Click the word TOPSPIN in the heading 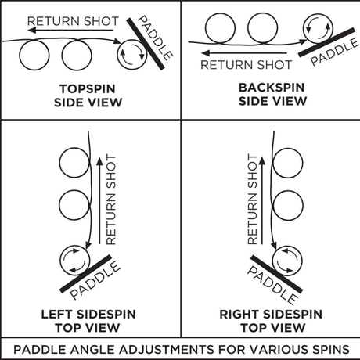(x=88, y=88)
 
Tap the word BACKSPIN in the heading (x=272, y=88)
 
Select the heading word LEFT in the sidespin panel (x=56, y=314)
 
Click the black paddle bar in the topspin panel (x=146, y=44)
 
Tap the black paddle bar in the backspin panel (x=326, y=42)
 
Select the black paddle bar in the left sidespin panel (x=85, y=274)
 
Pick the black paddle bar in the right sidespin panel (x=277, y=274)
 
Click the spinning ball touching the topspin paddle (x=132, y=55)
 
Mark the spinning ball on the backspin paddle (x=318, y=28)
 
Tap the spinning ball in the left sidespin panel (x=75, y=261)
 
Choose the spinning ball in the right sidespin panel (x=287, y=261)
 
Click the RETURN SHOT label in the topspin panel (x=73, y=21)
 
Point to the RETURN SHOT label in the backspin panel (x=246, y=65)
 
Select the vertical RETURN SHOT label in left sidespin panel (x=111, y=200)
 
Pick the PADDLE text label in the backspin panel (x=335, y=51)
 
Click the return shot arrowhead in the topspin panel (x=31, y=31)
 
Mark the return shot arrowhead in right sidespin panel (x=262, y=160)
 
